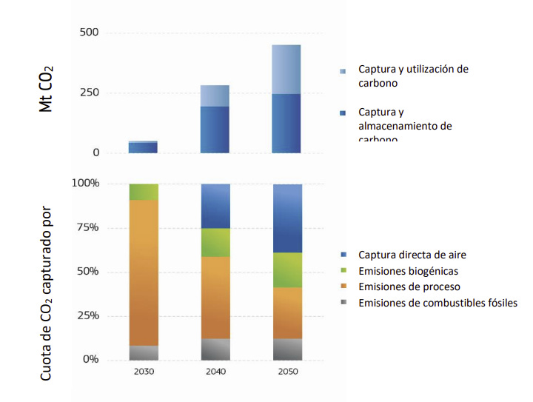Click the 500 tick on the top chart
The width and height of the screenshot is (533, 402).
[90, 33]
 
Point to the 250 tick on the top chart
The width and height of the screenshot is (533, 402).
[90, 93]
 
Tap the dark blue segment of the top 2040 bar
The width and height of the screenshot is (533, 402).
[215, 130]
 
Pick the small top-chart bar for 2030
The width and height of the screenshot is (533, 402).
[143, 147]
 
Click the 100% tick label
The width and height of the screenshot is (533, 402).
[84, 184]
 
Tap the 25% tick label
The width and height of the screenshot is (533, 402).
[87, 316]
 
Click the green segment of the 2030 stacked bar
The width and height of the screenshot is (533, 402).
[144, 192]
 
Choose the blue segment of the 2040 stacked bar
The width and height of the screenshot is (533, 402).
[215, 206]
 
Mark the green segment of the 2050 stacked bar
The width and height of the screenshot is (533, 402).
[286, 270]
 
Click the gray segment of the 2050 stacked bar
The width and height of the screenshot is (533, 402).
[286, 349]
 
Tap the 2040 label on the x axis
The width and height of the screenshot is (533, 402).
[215, 372]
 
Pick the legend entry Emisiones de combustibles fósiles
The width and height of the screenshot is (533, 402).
[437, 303]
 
